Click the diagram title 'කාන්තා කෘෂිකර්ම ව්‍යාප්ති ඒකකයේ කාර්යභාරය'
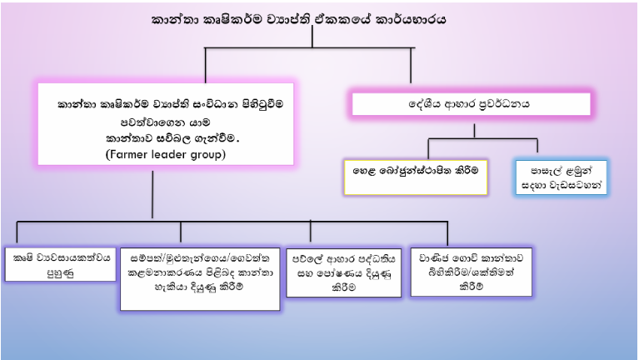click(x=298, y=19)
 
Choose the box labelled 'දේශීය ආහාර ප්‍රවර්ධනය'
click(x=471, y=104)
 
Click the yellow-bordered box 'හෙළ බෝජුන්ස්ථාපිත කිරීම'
click(x=416, y=177)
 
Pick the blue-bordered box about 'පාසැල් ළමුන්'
click(x=562, y=177)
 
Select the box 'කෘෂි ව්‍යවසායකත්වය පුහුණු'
click(x=61, y=264)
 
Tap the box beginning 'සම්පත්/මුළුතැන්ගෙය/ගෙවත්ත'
click(x=200, y=279)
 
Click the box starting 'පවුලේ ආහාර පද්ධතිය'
click(x=343, y=272)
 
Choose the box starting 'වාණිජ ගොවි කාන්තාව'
click(x=471, y=272)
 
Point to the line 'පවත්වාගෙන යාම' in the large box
click(x=166, y=122)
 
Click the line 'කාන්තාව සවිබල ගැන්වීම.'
click(x=172, y=138)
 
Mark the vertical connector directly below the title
click(x=312, y=37)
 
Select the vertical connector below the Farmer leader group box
click(x=152, y=194)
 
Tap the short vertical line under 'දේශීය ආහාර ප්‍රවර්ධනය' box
click(x=474, y=132)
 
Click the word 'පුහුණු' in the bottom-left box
click(x=61, y=272)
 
